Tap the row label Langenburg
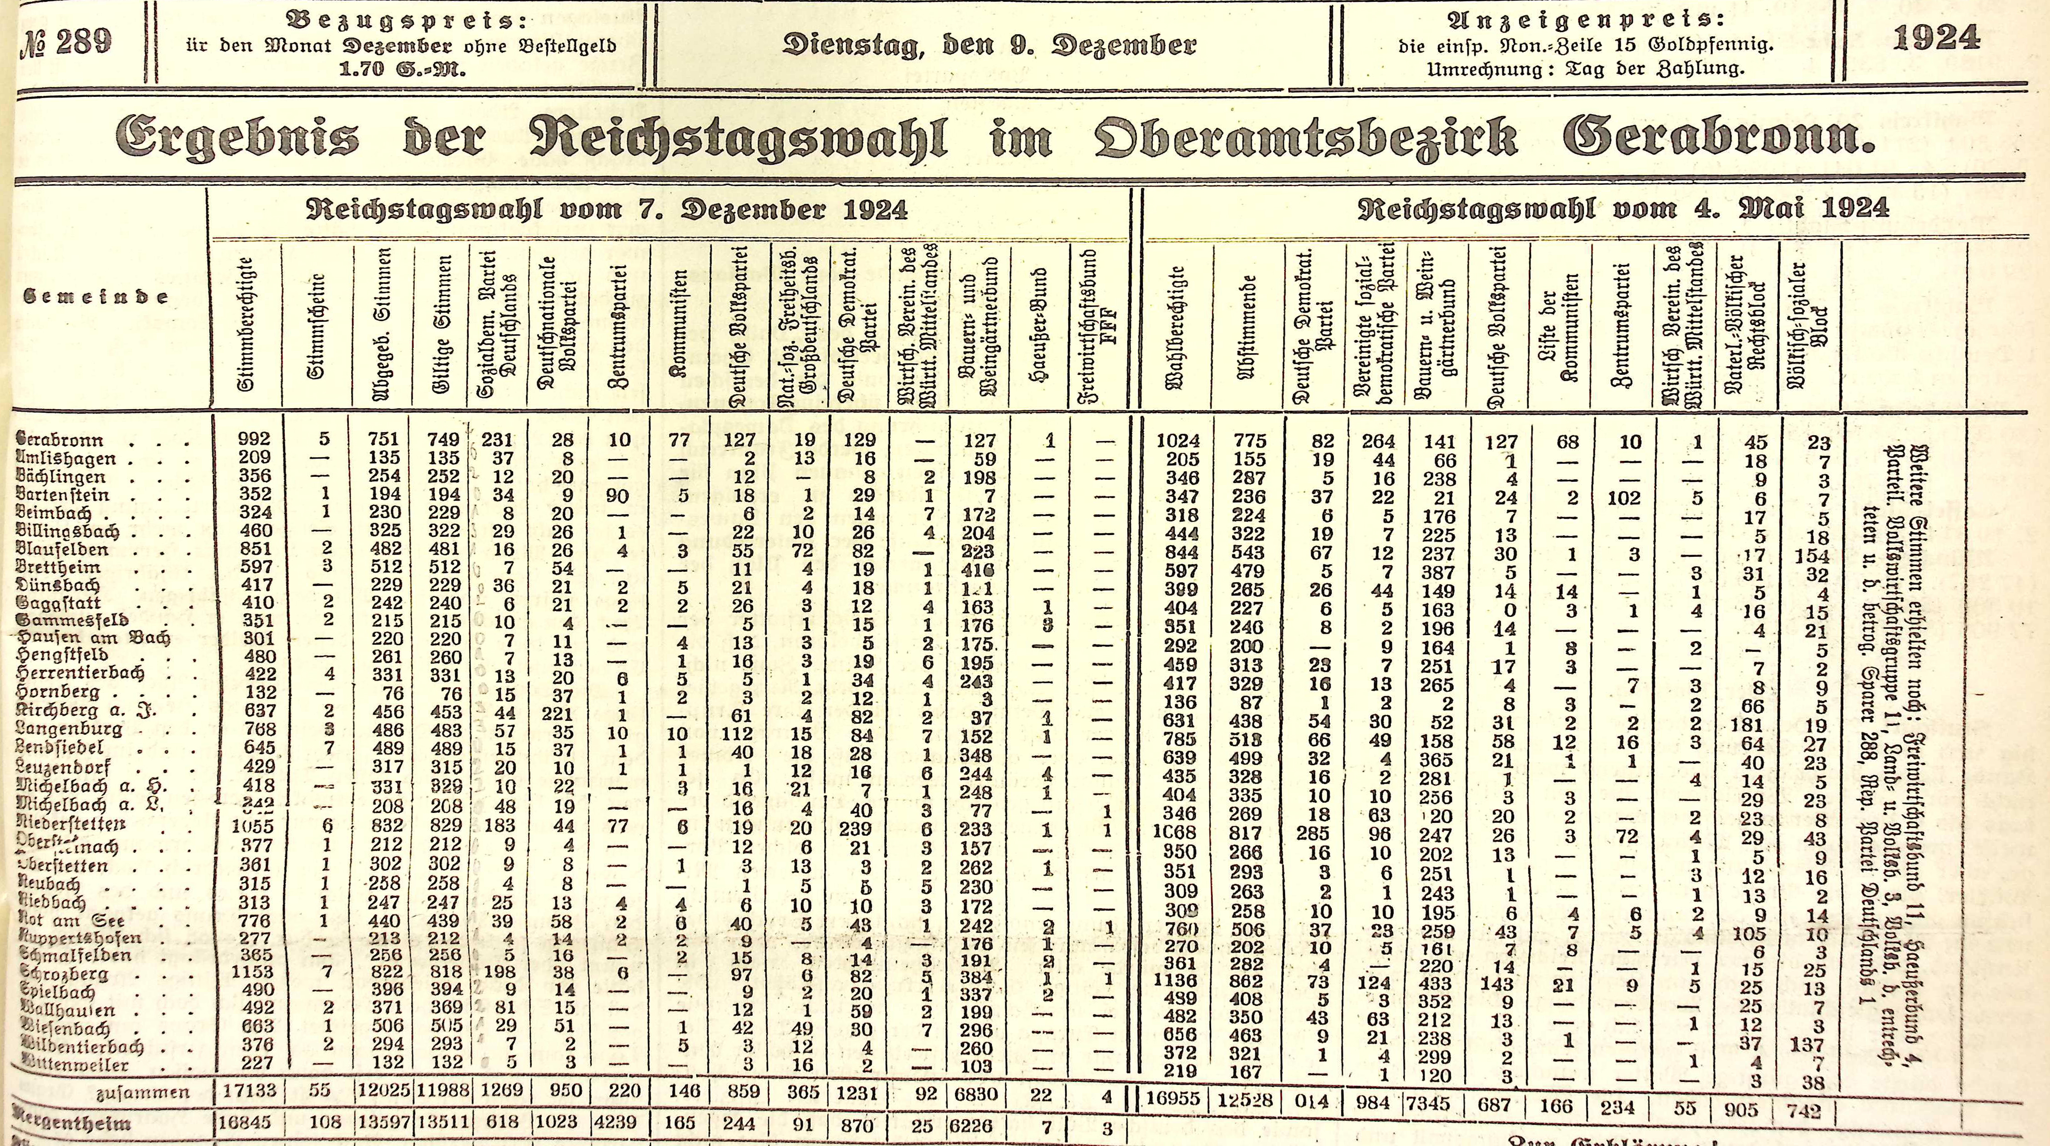pos(70,729)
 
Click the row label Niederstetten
pos(71,824)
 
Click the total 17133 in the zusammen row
pos(249,1091)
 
